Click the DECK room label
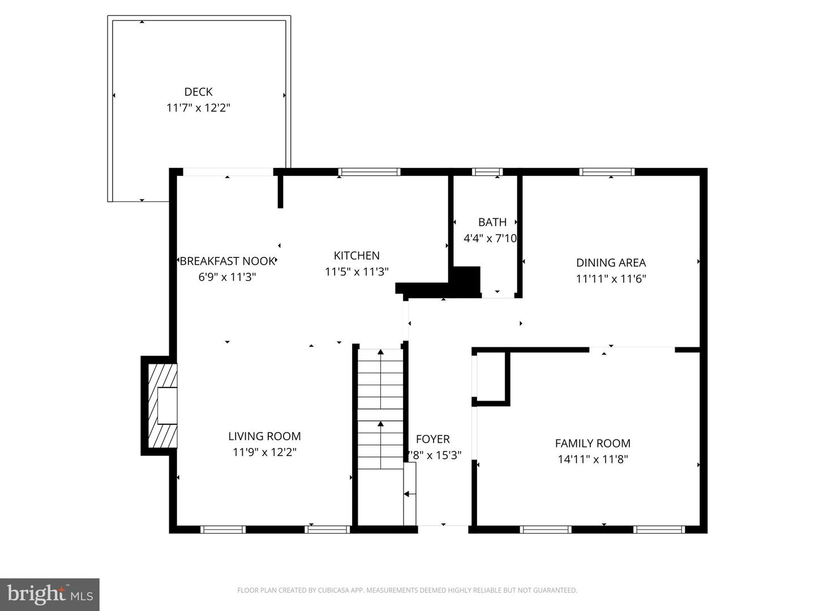[198, 92]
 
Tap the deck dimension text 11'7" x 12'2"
[198, 107]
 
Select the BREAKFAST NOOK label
[227, 261]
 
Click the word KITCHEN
[357, 256]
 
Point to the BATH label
[492, 222]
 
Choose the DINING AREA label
[611, 263]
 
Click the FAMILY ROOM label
[593, 444]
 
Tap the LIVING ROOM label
[264, 436]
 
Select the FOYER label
[433, 439]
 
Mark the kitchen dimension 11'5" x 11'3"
[357, 272]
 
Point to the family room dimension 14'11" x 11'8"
[593, 459]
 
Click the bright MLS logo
[50, 594]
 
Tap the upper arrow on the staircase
[381, 352]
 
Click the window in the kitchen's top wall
[370, 172]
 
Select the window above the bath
[487, 172]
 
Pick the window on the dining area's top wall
[607, 172]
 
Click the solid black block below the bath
[465, 281]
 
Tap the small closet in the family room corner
[491, 376]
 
